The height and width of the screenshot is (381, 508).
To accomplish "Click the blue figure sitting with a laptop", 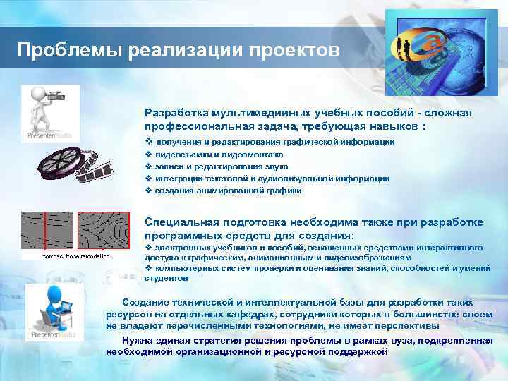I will pyautogui.click(x=52, y=307).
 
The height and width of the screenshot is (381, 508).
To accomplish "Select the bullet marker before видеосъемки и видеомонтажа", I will pyautogui.click(x=148, y=154).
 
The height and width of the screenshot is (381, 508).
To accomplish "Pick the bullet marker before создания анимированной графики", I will pyautogui.click(x=148, y=190).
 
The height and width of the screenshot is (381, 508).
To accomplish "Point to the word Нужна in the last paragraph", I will pyautogui.click(x=137, y=340).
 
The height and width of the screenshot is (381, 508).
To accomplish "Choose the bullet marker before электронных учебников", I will pyautogui.click(x=148, y=248).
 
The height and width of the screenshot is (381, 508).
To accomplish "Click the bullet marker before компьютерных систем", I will pyautogui.click(x=148, y=269).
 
